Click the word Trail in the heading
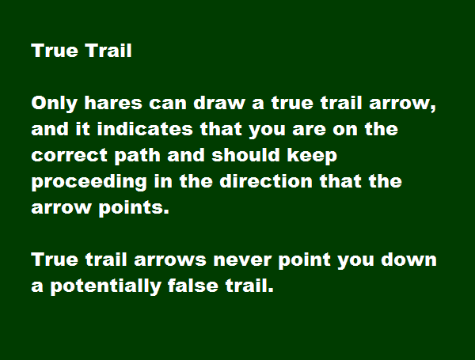pos(108,51)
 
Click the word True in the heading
pos(55,51)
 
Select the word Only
pos(55,104)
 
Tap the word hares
pos(113,103)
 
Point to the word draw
pos(219,103)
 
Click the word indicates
pos(145,129)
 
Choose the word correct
pos(70,156)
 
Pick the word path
pos(137,156)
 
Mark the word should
pos(245,155)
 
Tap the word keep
pos(312,156)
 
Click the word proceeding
pos(89,182)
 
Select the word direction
pos(266,181)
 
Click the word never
pos(242,260)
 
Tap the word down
pos(408,260)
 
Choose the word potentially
pos(105,286)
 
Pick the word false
pos(193,286)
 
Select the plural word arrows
pos(170,260)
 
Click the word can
pos(168,104)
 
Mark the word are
pos(309,130)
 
